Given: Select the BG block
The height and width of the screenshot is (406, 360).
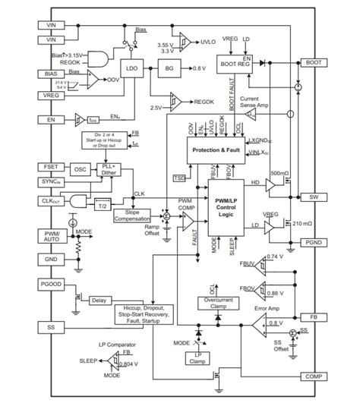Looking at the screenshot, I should click(x=167, y=69).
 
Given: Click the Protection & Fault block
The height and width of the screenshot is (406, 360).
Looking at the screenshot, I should click(x=213, y=150).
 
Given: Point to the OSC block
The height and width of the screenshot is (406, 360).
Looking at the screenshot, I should click(x=80, y=169).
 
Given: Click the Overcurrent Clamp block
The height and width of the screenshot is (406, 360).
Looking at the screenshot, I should click(x=218, y=303).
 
